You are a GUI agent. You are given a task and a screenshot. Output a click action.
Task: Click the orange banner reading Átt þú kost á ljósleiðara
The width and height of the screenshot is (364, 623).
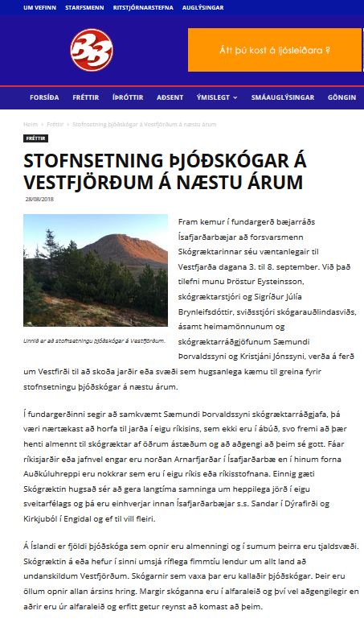275,50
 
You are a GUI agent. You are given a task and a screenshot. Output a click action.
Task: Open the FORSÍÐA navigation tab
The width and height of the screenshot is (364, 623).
44,97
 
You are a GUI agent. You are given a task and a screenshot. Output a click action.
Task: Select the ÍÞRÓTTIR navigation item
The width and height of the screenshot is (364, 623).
128,97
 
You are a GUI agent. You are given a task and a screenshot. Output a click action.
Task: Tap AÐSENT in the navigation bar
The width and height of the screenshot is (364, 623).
170,97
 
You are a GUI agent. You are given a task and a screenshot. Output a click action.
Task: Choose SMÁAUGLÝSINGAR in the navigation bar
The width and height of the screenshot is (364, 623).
282,97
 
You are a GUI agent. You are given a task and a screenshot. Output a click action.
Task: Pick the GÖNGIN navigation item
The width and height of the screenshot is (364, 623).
341,97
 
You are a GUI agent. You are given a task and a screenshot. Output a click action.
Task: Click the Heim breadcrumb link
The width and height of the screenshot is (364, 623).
31,125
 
